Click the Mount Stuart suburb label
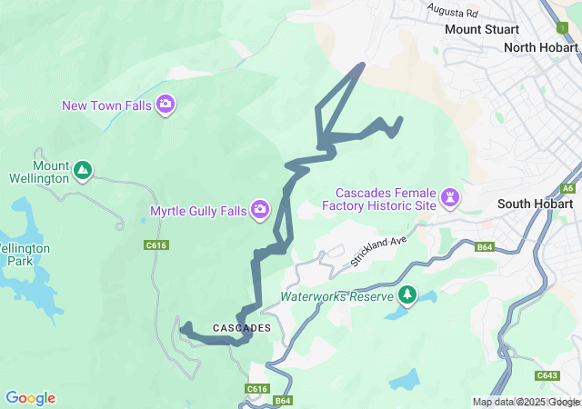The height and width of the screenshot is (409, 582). tap(481, 29)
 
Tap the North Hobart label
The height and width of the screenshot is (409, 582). tap(542, 47)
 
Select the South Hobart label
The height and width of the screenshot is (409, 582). tap(534, 204)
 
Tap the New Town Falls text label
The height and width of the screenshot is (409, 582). tap(106, 105)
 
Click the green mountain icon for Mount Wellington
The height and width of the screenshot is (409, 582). tap(83, 170)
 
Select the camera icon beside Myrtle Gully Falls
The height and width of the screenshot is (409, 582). tap(260, 211)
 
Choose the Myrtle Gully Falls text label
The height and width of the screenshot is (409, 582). tap(198, 212)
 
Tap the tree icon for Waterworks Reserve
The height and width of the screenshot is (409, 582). tap(407, 295)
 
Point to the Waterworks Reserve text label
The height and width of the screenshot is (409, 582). tap(336, 296)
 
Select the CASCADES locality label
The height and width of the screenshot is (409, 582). tap(242, 327)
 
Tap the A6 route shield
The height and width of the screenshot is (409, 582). tap(568, 188)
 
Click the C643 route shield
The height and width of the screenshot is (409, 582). tap(547, 375)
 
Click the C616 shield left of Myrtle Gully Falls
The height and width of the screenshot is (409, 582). tap(156, 244)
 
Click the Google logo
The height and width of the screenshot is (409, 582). tap(30, 398)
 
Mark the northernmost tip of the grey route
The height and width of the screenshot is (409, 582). tap(363, 65)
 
